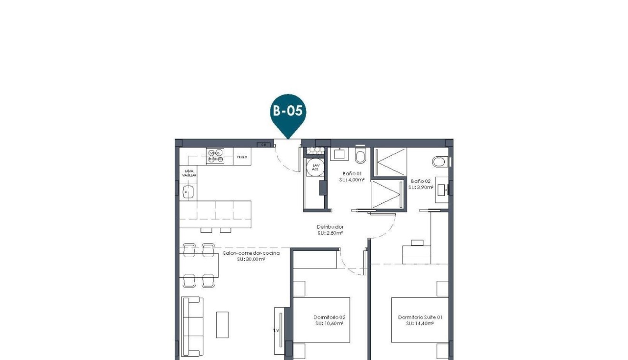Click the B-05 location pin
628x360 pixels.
click(x=288, y=111)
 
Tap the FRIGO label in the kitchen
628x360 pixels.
click(x=242, y=157)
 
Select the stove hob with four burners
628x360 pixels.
click(x=215, y=156)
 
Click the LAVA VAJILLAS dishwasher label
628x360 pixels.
click(x=188, y=173)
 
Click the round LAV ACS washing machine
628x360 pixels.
click(x=314, y=167)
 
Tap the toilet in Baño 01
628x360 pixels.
click(x=360, y=155)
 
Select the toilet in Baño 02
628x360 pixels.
click(x=439, y=162)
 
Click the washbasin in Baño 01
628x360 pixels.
click(x=339, y=154)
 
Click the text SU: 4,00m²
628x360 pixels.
click(x=352, y=180)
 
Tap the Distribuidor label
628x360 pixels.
click(x=330, y=227)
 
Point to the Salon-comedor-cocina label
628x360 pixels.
click(x=251, y=253)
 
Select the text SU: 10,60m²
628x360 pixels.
click(x=329, y=323)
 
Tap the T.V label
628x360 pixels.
click(x=275, y=330)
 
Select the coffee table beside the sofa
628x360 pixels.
click(x=222, y=324)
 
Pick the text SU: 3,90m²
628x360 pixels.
click(x=420, y=188)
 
